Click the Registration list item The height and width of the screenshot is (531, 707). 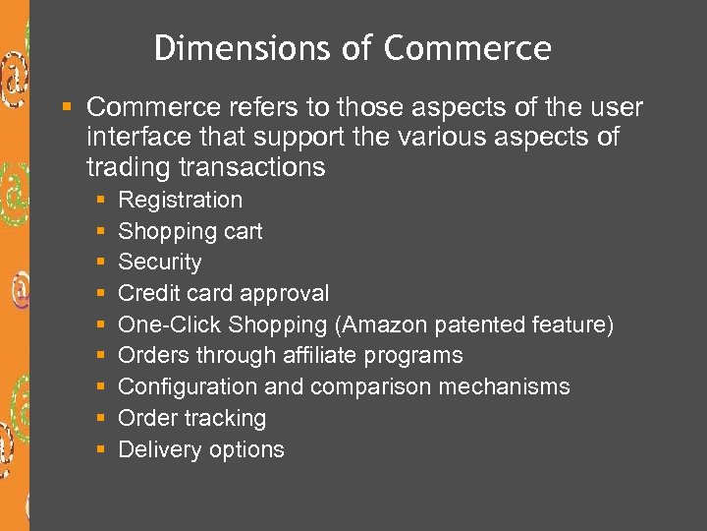pyautogui.click(x=180, y=200)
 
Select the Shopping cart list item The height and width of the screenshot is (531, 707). pyautogui.click(x=190, y=231)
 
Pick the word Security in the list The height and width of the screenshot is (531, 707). pyautogui.click(x=160, y=263)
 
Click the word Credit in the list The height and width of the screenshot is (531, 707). pyautogui.click(x=143, y=293)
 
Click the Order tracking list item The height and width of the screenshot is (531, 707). pyautogui.click(x=191, y=418)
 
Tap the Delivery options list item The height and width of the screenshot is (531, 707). pyautogui.click(x=201, y=449)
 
